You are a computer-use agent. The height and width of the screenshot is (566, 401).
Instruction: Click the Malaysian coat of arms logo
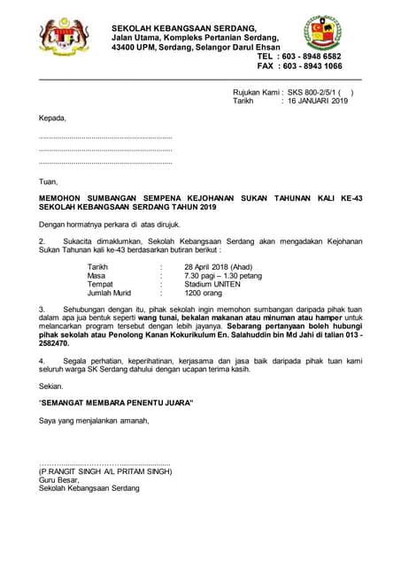[64, 36]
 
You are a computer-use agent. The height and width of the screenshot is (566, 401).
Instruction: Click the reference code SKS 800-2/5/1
[312, 92]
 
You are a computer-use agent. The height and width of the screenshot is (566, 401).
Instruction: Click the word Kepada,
[52, 118]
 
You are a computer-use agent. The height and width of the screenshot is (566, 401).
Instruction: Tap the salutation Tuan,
[49, 181]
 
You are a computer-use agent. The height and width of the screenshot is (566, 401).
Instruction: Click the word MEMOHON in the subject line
[62, 199]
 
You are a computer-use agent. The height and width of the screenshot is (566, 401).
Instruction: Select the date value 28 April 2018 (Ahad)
[218, 266]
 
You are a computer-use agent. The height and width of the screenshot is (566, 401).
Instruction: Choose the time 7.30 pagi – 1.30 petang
[223, 275]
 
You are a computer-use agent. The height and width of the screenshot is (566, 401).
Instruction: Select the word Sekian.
[51, 386]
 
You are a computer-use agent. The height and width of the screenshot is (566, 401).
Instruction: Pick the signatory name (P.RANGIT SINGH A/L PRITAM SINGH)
[104, 471]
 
